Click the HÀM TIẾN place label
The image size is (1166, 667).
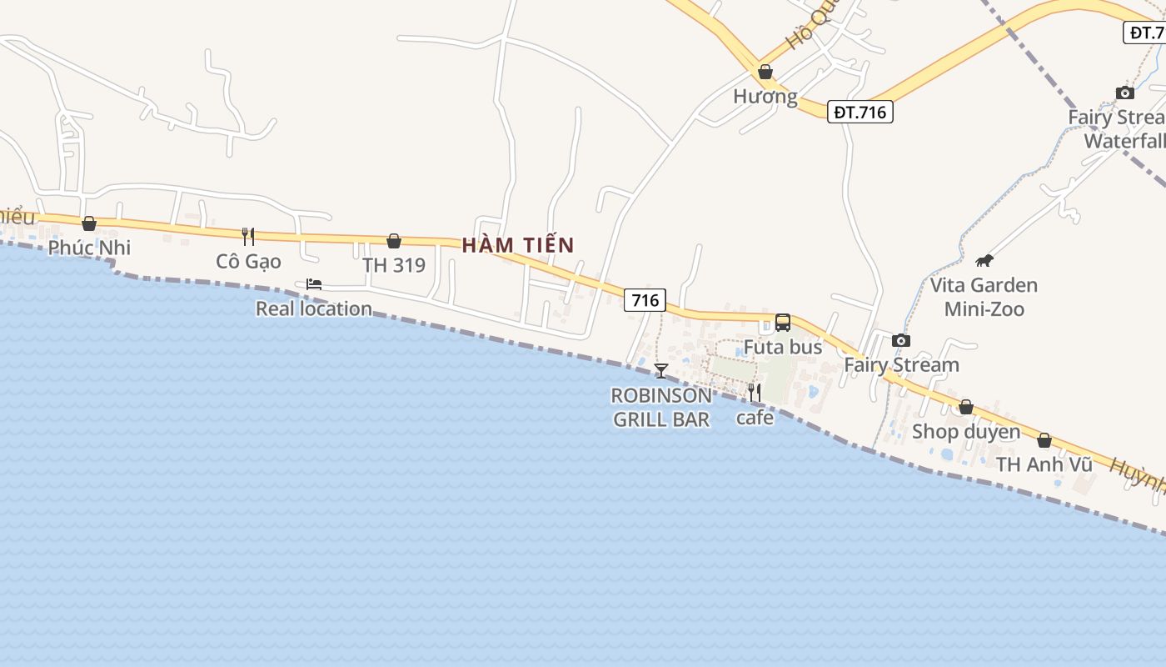(x=518, y=245)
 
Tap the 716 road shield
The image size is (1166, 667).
(x=645, y=300)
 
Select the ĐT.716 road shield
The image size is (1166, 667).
(x=860, y=112)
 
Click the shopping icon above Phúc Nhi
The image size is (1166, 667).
(x=89, y=223)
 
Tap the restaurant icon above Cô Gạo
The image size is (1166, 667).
(x=248, y=237)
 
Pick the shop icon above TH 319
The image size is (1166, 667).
(x=394, y=241)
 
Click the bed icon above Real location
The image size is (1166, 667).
(x=314, y=284)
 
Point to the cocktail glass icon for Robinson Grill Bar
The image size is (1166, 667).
(x=661, y=370)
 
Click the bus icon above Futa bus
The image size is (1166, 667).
(x=783, y=323)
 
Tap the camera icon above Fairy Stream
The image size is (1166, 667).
(x=901, y=340)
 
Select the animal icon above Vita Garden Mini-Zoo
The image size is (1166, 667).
(x=984, y=260)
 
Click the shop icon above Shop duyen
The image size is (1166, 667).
(x=966, y=407)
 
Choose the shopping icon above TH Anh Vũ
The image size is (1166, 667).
(x=1044, y=440)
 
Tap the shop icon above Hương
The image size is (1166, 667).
(x=765, y=72)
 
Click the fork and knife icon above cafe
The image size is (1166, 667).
(x=755, y=392)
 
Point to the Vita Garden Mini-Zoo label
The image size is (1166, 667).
(x=984, y=297)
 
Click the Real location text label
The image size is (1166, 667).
(x=314, y=308)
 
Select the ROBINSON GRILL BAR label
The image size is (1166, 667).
(x=661, y=407)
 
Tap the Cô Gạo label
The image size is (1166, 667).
(x=248, y=262)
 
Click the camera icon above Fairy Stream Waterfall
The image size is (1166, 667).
(x=1125, y=93)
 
